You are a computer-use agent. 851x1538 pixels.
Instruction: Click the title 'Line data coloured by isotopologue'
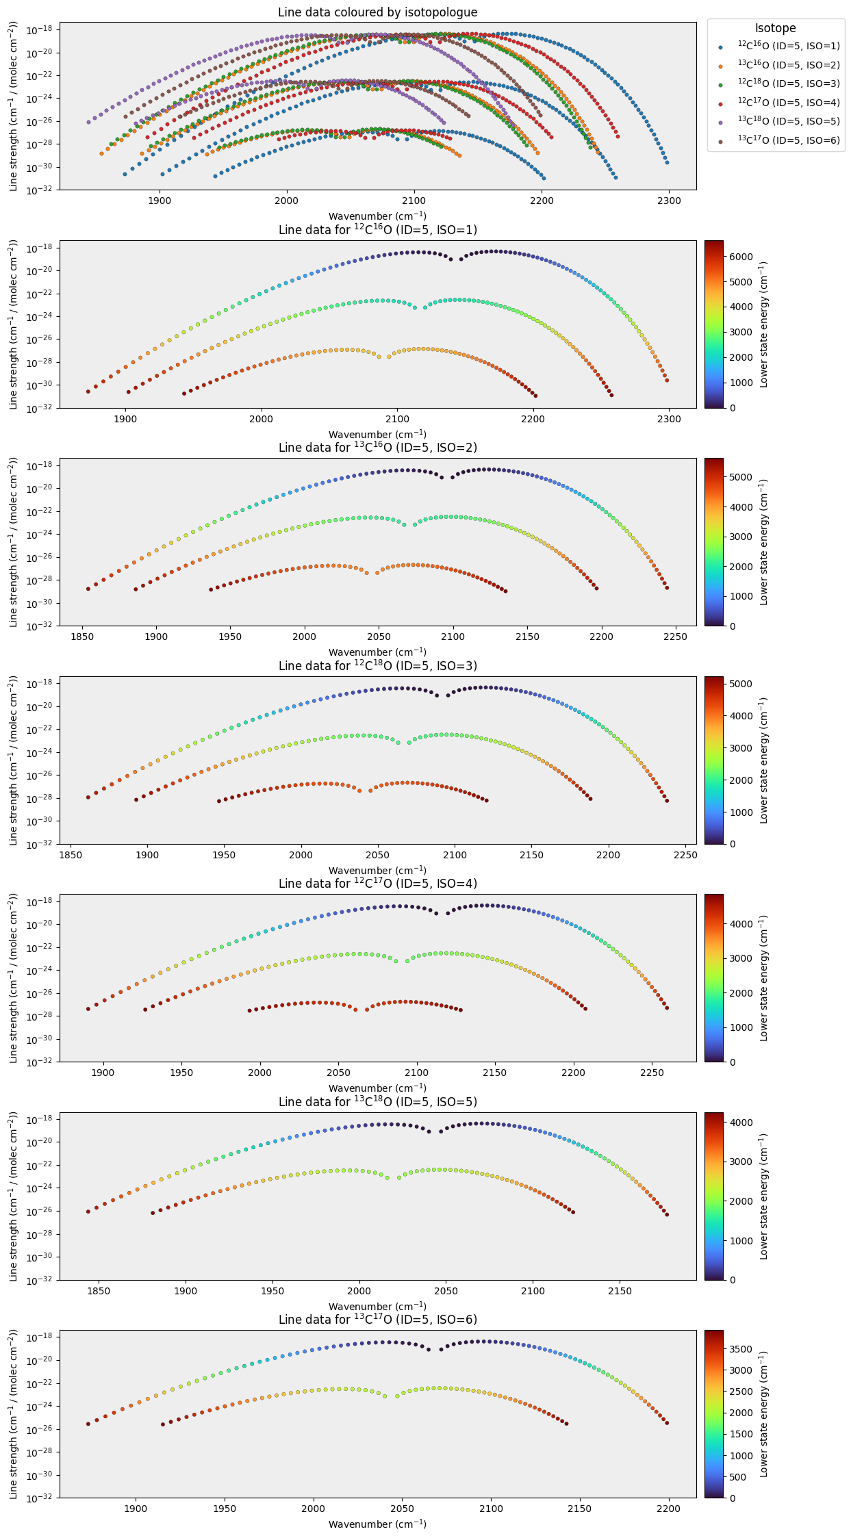click(x=377, y=12)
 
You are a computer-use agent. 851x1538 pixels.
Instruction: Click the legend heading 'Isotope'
click(x=776, y=28)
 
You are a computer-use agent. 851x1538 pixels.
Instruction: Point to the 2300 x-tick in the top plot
click(x=669, y=201)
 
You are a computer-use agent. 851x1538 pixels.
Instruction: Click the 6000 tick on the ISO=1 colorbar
click(x=741, y=257)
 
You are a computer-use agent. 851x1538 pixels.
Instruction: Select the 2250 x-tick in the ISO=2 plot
click(x=676, y=637)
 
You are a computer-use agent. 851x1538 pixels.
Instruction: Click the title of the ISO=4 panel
click(x=377, y=884)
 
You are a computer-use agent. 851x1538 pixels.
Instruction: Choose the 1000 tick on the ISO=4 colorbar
click(x=741, y=1027)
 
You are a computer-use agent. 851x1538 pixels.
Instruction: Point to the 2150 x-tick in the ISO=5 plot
click(x=620, y=1291)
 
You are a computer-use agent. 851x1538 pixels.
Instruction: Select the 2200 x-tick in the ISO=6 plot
click(x=669, y=1509)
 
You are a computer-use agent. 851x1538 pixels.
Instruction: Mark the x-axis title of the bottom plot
click(x=377, y=1524)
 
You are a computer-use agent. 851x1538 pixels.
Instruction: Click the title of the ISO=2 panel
click(x=377, y=448)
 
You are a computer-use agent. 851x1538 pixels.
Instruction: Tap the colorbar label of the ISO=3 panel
click(x=764, y=760)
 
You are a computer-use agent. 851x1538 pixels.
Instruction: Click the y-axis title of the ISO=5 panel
click(x=14, y=1196)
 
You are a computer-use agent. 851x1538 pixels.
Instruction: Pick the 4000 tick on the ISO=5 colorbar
click(x=741, y=1123)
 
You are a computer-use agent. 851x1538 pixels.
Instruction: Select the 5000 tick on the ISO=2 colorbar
click(x=741, y=477)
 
